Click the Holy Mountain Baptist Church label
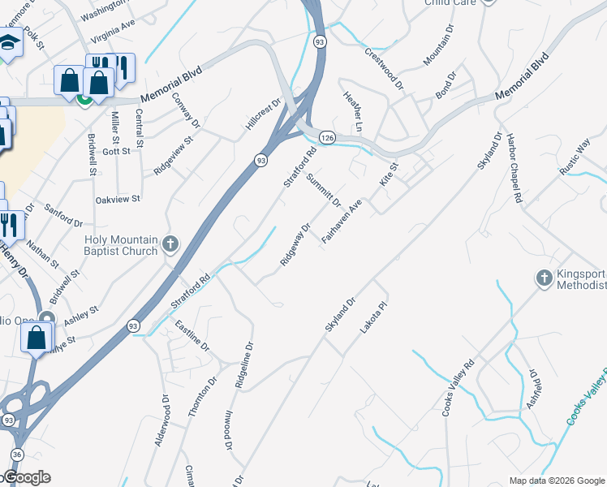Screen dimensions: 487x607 [x=121, y=245]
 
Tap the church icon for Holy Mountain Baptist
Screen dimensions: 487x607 [x=170, y=243]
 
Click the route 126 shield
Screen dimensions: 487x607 [x=326, y=138]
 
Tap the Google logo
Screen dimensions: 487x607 [x=26, y=477]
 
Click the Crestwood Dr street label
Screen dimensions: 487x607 [x=384, y=67]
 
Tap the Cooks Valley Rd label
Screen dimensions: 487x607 [x=458, y=389]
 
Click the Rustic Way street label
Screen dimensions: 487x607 [x=575, y=157]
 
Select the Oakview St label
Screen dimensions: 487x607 [x=118, y=198]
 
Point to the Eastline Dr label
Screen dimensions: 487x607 [x=192, y=335]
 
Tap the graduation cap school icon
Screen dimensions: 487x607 [x=9, y=43]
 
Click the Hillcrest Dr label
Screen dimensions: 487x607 [x=263, y=115]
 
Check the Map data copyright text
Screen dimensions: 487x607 [x=557, y=481]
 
